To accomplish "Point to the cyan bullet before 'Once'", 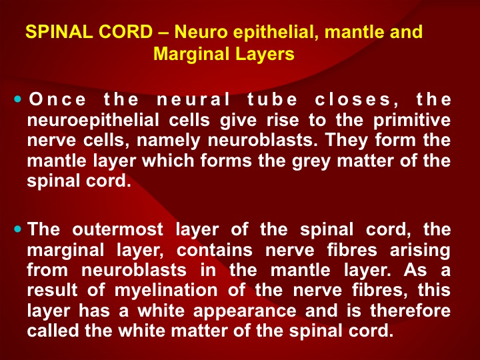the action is point(18,99).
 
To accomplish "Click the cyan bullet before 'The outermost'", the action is point(18,229).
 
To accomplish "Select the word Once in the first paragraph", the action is point(57,99).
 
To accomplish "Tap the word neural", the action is point(193,99).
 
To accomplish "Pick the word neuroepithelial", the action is point(93,120).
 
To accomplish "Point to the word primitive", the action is point(412,120).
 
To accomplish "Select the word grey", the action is point(311,161).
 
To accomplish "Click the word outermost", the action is point(117,229).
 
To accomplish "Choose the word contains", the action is point(214,250).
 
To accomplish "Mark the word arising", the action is point(420,251).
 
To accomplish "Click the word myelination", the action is point(166,291).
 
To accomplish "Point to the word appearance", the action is point(245,311).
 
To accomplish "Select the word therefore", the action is point(410,311).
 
